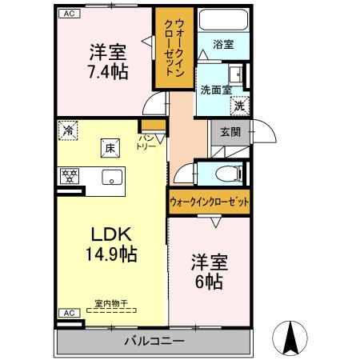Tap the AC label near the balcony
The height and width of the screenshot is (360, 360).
[70, 313]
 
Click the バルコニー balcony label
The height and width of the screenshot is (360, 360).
[154, 342]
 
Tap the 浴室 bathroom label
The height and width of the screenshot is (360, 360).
[223, 46]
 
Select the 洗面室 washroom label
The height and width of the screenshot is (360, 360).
[216, 90]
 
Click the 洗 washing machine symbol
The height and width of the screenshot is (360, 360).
[238, 105]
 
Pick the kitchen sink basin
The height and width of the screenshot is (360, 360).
[110, 177]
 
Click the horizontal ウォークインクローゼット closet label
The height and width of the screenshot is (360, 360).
[209, 202]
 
